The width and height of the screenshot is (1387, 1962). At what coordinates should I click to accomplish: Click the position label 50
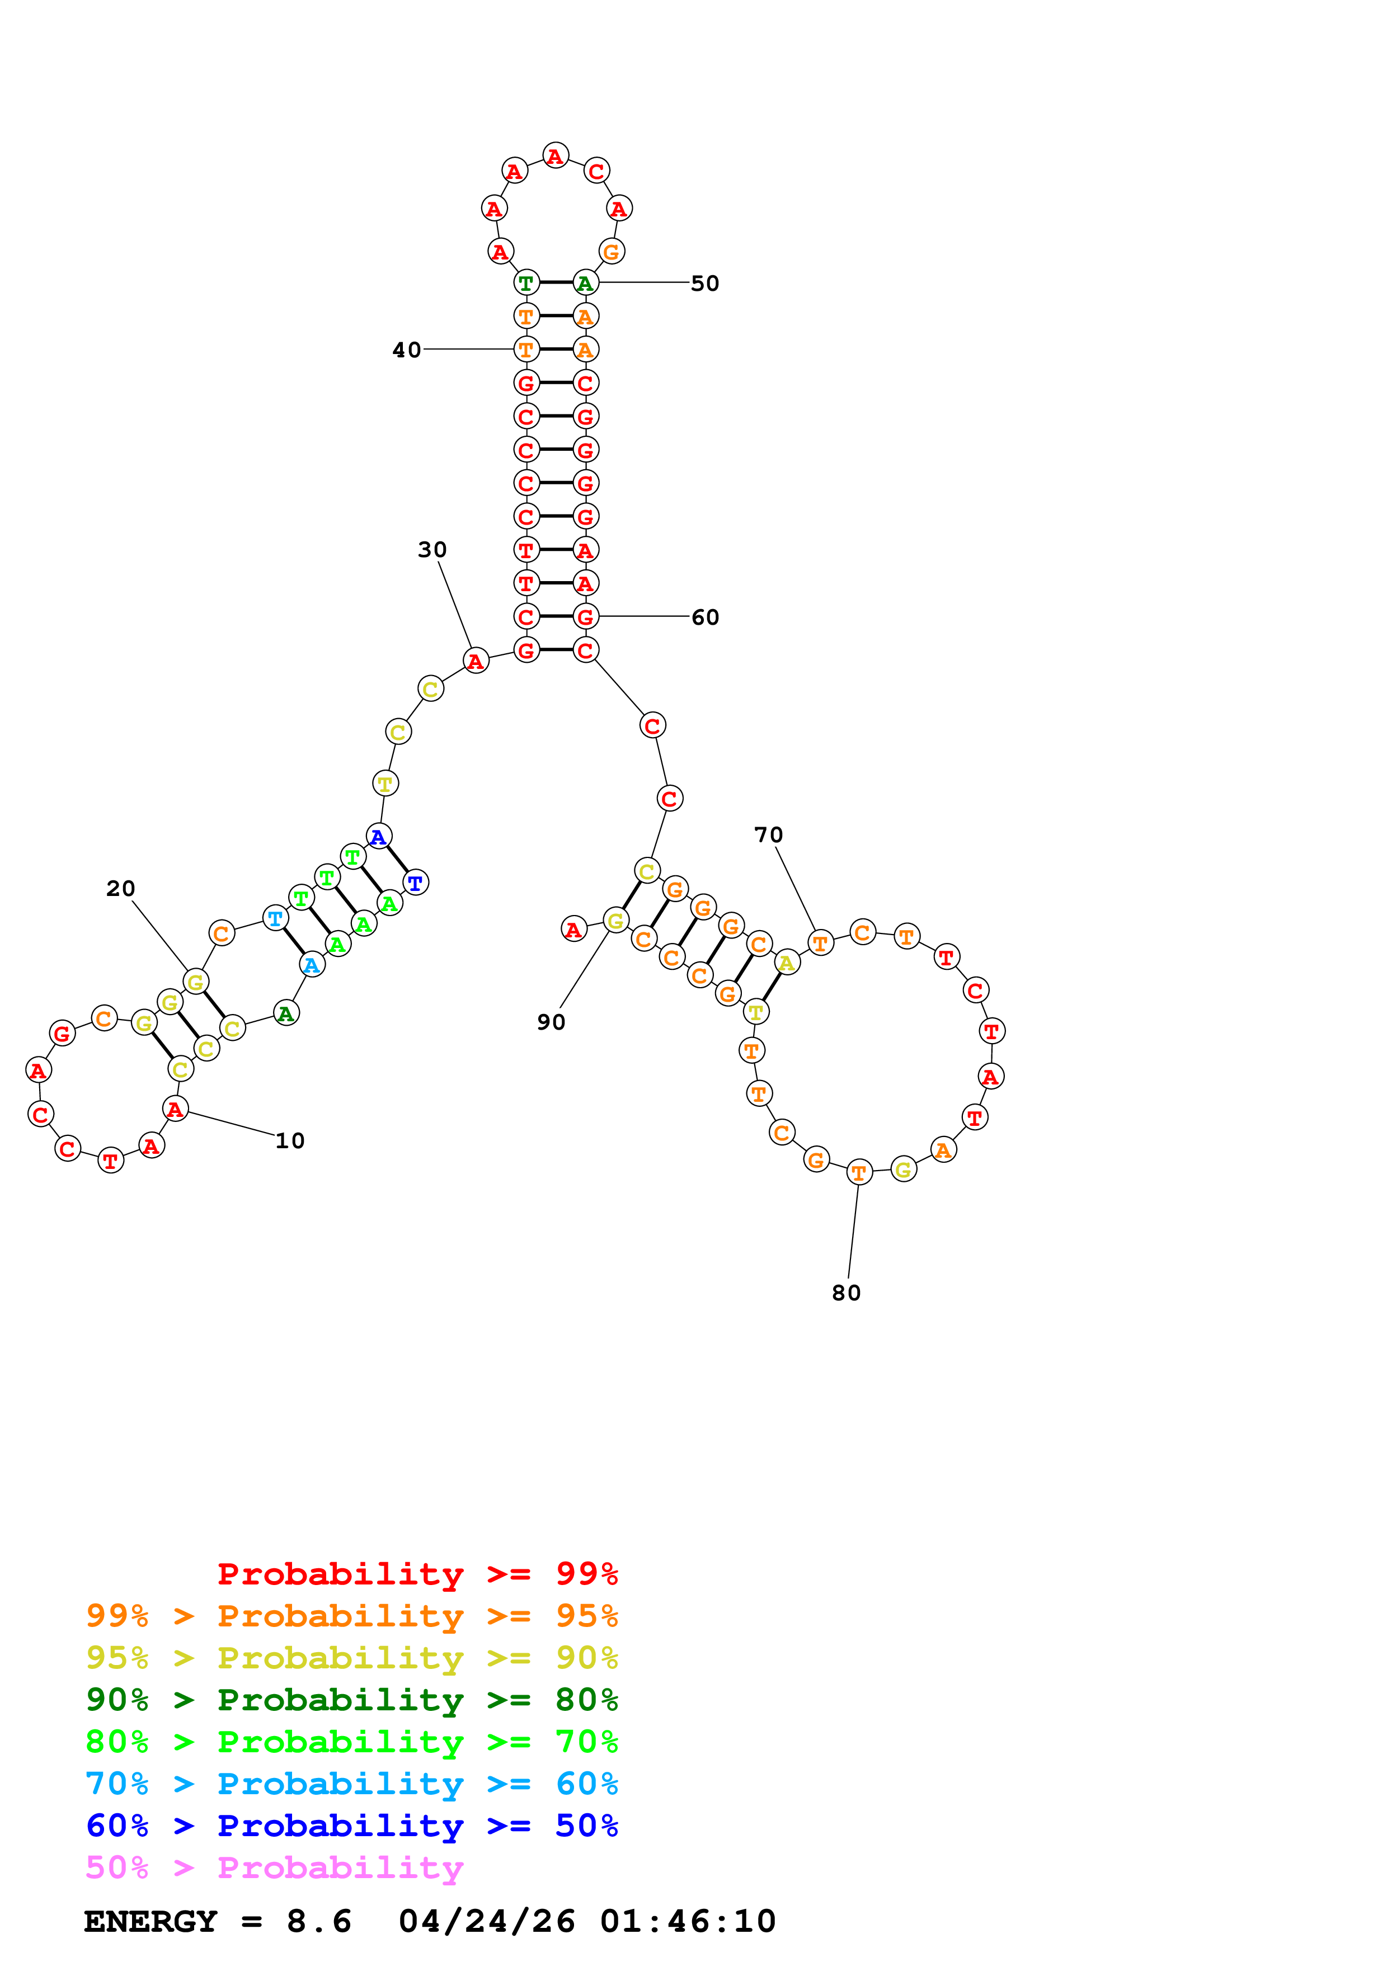pos(704,283)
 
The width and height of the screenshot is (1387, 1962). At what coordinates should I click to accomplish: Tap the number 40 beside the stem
pos(407,350)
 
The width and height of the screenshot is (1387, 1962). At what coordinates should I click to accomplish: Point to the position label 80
pos(846,1293)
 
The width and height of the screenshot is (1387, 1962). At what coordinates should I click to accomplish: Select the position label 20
pos(120,889)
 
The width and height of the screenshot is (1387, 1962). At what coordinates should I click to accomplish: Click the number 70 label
pos(768,835)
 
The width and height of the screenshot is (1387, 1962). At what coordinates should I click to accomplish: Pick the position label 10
pos(290,1141)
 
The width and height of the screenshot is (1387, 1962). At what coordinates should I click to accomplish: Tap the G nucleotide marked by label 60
pos(585,617)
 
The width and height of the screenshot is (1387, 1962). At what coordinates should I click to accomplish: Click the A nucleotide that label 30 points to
pos(476,661)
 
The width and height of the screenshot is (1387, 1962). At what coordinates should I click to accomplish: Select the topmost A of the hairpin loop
pos(556,155)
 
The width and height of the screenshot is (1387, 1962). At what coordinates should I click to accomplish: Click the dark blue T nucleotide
pos(415,883)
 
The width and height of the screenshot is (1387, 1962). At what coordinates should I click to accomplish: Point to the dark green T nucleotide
pos(526,283)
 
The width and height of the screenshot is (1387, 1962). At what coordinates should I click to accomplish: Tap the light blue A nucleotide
pos(312,965)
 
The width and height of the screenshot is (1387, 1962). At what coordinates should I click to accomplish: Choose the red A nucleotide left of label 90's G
pos(573,929)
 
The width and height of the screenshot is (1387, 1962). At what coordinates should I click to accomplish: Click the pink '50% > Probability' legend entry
pos(274,1868)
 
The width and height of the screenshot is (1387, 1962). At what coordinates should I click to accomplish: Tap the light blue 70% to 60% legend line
pos(351,1784)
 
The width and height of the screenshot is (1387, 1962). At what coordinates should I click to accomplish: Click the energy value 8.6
pos(319,1922)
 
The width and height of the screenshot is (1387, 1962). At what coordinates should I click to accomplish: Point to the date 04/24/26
pos(487,1922)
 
